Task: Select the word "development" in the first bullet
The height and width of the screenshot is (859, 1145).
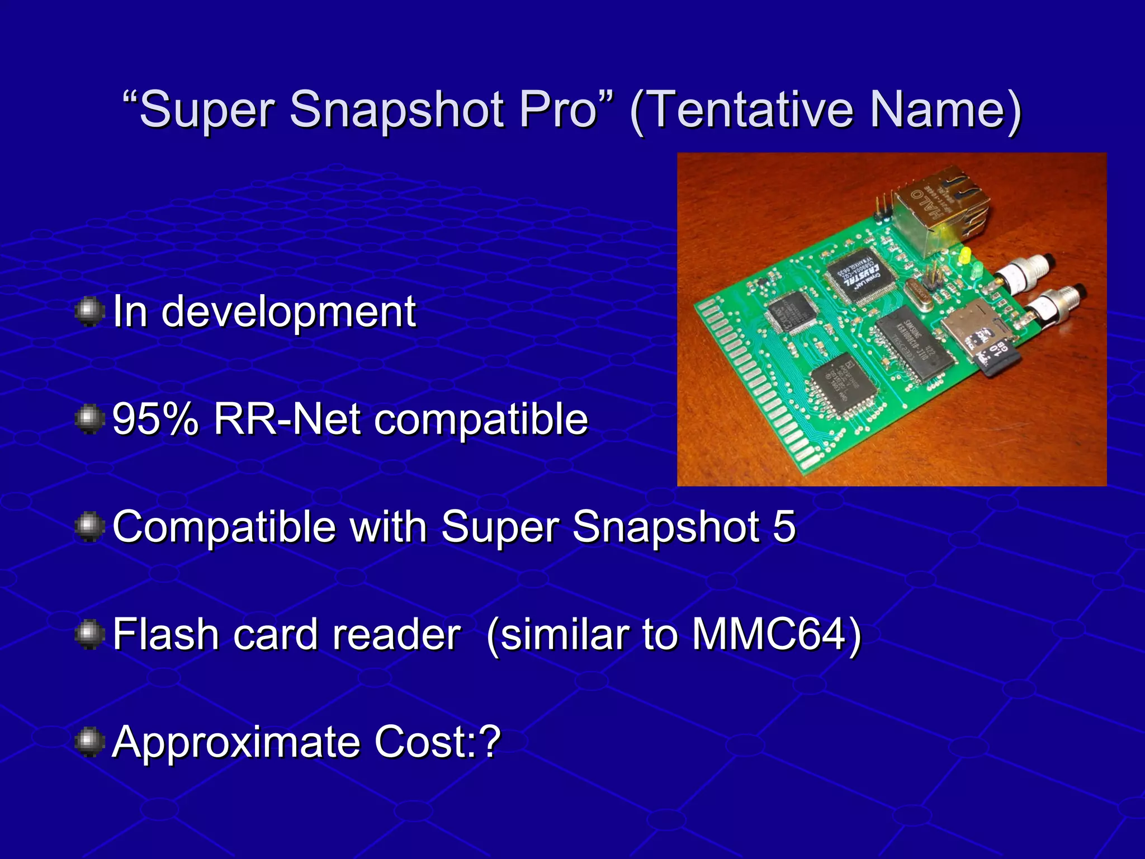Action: click(x=288, y=312)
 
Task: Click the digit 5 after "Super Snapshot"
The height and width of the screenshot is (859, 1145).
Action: click(x=784, y=527)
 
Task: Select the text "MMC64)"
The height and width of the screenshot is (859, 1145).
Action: click(x=777, y=635)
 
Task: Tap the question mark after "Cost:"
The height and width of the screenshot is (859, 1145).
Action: click(x=490, y=742)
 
